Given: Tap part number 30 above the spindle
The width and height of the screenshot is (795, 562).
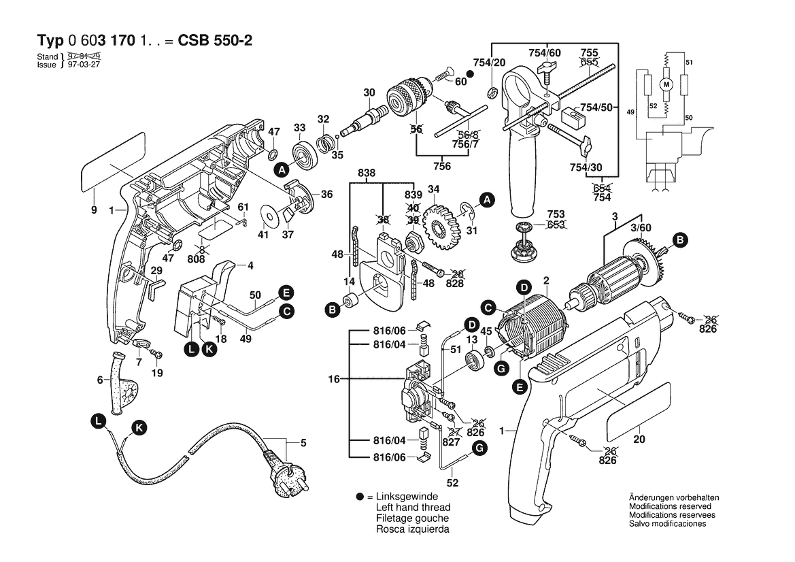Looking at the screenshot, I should pyautogui.click(x=369, y=93).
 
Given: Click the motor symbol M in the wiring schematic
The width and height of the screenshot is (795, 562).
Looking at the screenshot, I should pyautogui.click(x=666, y=84).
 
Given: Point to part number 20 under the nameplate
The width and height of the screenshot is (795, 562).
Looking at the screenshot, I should pyautogui.click(x=639, y=440).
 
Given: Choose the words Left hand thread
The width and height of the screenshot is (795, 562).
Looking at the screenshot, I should pyautogui.click(x=413, y=508).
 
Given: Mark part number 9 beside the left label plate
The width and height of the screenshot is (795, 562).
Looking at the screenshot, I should pyautogui.click(x=95, y=210).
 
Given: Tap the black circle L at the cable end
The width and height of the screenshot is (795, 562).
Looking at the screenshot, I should pyautogui.click(x=99, y=422).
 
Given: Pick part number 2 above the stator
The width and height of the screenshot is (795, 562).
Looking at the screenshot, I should pyautogui.click(x=546, y=280).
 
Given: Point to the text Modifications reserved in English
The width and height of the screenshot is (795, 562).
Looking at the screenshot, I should pyautogui.click(x=670, y=506).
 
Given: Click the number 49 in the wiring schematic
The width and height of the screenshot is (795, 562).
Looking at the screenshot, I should pyautogui.click(x=630, y=112).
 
